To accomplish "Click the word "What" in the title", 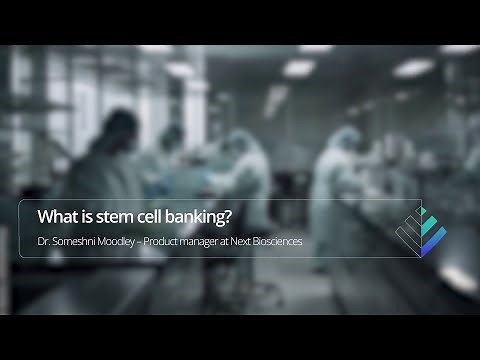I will coord(53,215).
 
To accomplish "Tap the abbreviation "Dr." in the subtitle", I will coord(43,242).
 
